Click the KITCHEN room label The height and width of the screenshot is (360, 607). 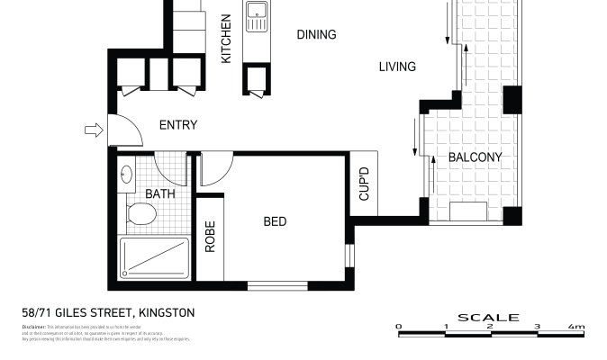pyautogui.click(x=227, y=39)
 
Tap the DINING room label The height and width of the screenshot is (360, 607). pyautogui.click(x=316, y=35)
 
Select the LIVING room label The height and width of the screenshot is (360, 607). pyautogui.click(x=396, y=67)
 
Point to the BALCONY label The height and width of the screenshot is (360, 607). pyautogui.click(x=475, y=157)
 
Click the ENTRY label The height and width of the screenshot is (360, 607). pyautogui.click(x=177, y=125)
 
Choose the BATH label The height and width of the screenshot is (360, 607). pyautogui.click(x=160, y=193)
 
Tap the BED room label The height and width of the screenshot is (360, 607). pyautogui.click(x=276, y=220)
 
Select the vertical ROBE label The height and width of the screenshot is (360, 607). pyautogui.click(x=210, y=237)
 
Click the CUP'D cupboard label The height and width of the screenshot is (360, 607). pyautogui.click(x=365, y=184)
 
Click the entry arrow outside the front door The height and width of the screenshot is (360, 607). pyautogui.click(x=93, y=131)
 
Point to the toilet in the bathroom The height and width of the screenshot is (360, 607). pyautogui.click(x=140, y=214)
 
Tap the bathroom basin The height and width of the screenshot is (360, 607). pyautogui.click(x=127, y=174)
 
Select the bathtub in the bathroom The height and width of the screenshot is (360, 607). pyautogui.click(x=155, y=259)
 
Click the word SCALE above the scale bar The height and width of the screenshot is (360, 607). pyautogui.click(x=488, y=317)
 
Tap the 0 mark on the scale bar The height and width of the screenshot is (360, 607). pyautogui.click(x=399, y=327)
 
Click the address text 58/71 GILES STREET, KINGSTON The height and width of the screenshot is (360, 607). pyautogui.click(x=107, y=312)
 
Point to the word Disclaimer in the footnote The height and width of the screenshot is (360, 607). pyautogui.click(x=32, y=328)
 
